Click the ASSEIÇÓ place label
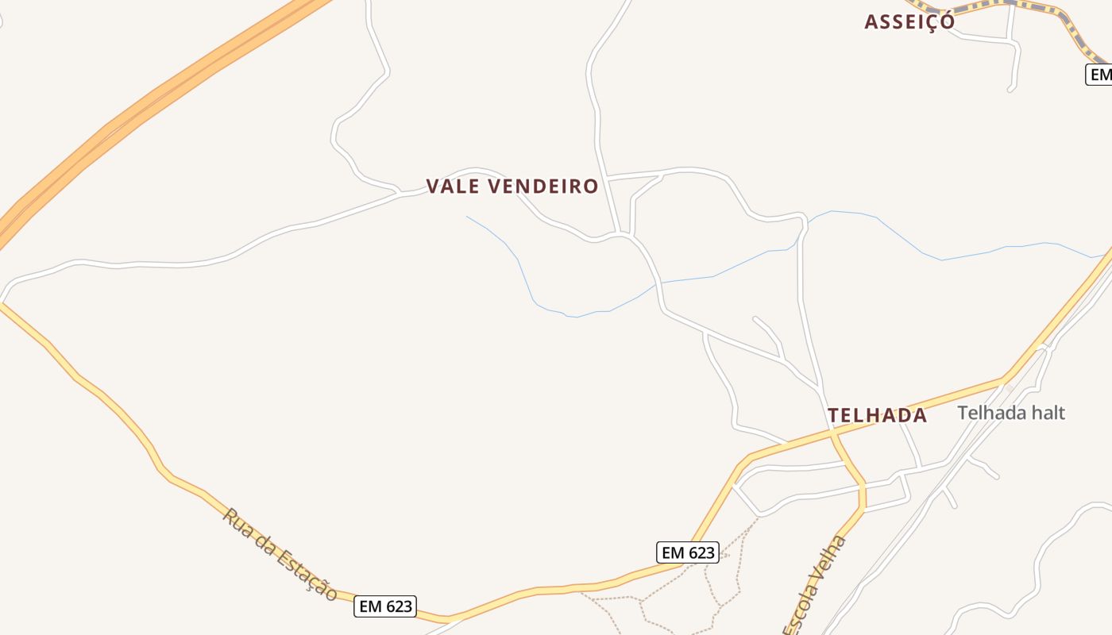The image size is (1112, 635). click(x=909, y=21)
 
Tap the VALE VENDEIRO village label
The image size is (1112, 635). click(x=512, y=187)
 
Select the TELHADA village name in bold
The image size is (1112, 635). click(x=877, y=415)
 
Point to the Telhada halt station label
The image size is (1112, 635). click(x=1010, y=413)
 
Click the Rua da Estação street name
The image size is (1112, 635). click(x=280, y=554)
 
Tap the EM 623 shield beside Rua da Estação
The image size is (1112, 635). click(x=385, y=606)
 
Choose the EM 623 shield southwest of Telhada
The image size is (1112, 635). click(x=688, y=552)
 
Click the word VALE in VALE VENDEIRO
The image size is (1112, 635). click(x=454, y=187)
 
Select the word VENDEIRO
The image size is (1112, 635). click(x=543, y=187)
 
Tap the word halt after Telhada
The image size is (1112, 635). click(x=1047, y=413)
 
